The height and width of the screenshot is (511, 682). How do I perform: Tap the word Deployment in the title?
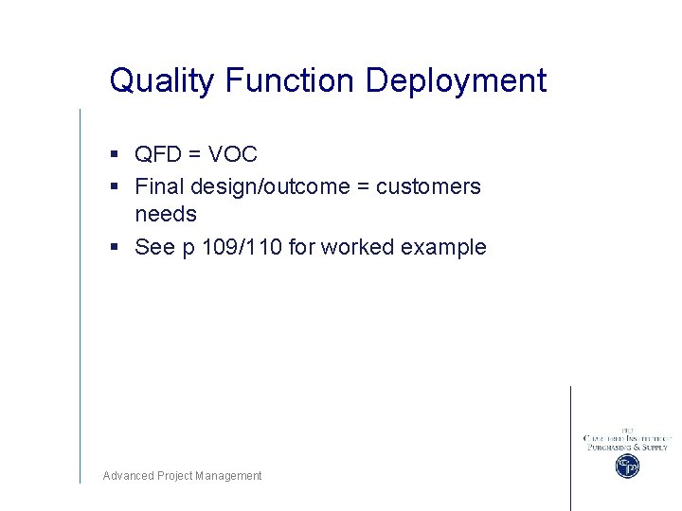457,81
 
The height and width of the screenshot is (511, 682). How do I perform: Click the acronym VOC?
234,154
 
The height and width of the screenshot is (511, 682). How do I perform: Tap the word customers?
428,187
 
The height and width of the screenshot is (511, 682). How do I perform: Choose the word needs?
166,215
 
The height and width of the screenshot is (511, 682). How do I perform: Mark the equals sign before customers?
363,187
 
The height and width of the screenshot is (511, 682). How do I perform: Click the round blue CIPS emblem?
626,466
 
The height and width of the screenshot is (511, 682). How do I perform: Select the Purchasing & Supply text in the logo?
626,447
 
